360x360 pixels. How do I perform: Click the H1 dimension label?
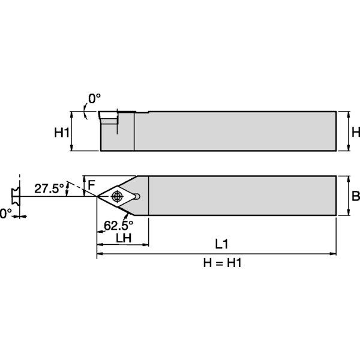[x=62, y=133]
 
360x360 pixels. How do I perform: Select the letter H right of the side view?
[x=355, y=132]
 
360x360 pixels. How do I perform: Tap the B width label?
[x=355, y=196]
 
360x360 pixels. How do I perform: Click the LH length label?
[x=124, y=238]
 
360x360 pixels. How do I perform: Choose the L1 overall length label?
[x=221, y=244]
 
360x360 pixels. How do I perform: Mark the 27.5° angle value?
[x=49, y=188]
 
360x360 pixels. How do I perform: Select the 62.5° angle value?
[x=118, y=225]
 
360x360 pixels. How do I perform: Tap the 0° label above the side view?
[x=95, y=98]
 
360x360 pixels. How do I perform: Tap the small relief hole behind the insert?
[x=139, y=196]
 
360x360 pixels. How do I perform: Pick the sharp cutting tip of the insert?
[x=98, y=196]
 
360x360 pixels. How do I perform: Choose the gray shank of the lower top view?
[x=240, y=195]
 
